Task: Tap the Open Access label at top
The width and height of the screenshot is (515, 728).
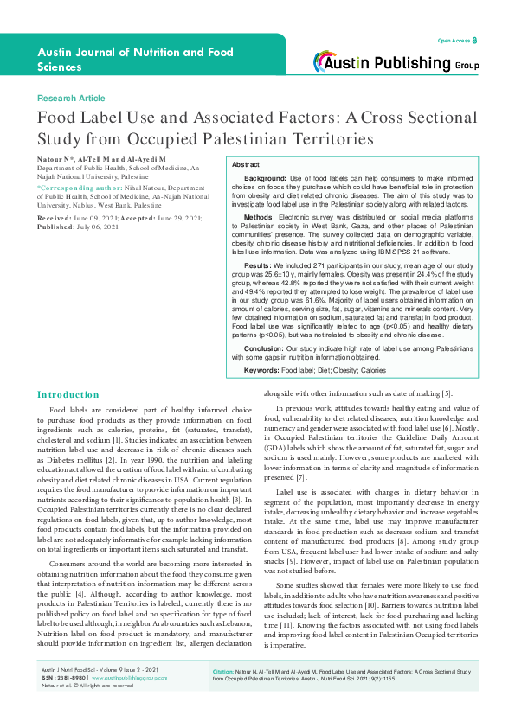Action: (x=454, y=41)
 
